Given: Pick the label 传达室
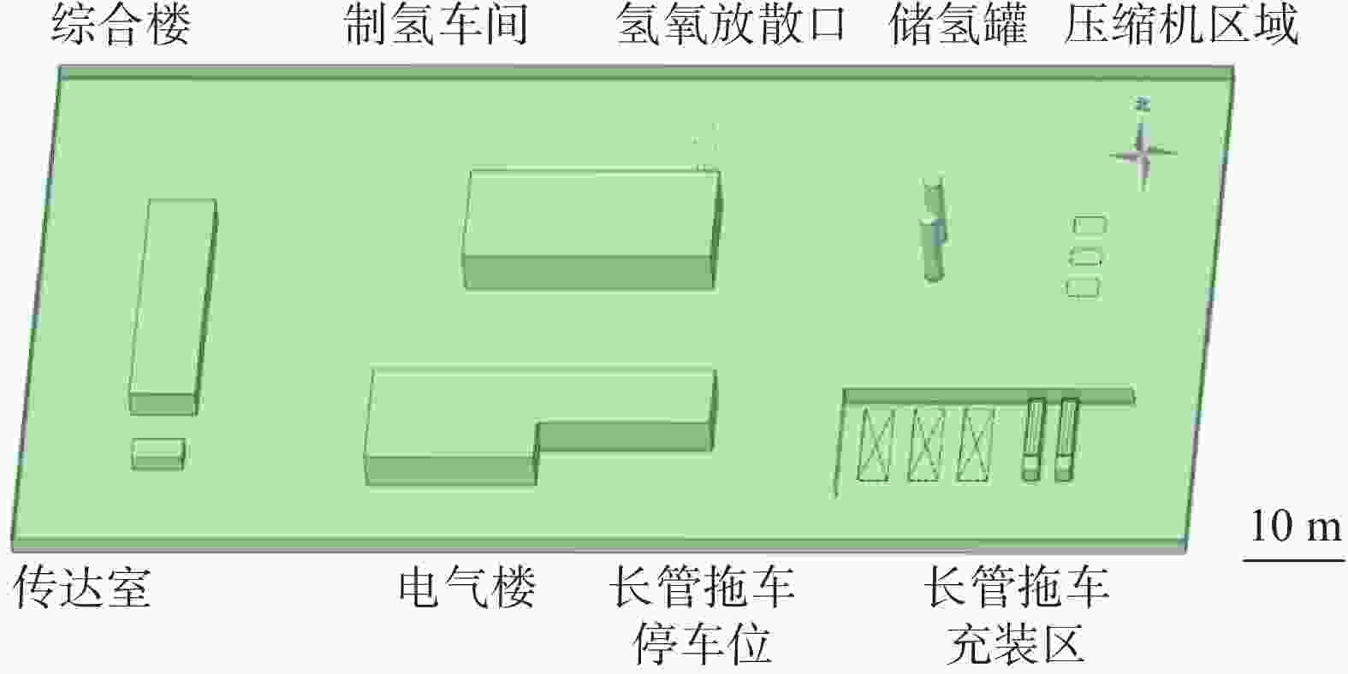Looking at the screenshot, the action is (82, 586).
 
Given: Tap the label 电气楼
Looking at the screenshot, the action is (466, 586).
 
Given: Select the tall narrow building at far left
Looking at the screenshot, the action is (173, 307).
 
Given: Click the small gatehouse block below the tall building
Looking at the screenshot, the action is (158, 454).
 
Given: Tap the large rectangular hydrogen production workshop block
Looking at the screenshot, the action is (592, 228).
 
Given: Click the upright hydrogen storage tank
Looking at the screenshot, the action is (934, 231).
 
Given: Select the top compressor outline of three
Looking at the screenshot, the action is (1090, 224).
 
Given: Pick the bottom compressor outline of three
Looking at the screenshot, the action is (1084, 288).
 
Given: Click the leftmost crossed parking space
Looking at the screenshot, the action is (876, 444).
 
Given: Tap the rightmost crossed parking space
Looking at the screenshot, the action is (976, 444).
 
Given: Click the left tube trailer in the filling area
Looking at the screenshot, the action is (1033, 440).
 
